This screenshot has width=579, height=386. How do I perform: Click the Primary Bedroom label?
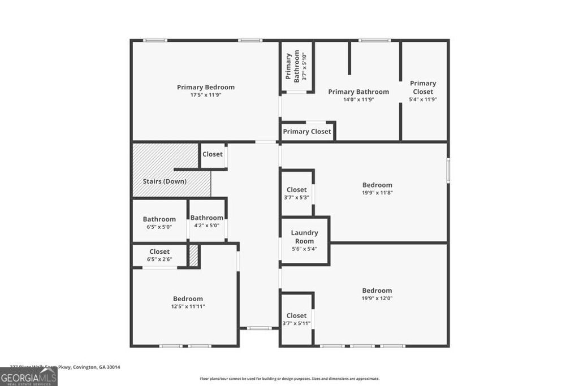[205, 87]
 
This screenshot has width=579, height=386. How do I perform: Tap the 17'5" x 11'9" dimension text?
[205, 95]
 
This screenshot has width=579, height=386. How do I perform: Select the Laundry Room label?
[304, 237]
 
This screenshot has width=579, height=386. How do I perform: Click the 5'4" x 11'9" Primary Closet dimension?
[423, 99]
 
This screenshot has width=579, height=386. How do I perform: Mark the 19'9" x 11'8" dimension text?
[377, 193]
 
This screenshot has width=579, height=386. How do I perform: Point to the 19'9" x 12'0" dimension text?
[377, 298]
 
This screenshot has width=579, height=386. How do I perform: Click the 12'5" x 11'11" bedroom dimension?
[188, 306]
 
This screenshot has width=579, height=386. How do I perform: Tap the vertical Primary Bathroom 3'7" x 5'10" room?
[296, 66]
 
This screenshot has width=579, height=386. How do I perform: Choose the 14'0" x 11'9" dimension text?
[358, 99]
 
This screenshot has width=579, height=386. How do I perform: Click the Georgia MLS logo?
[28, 377]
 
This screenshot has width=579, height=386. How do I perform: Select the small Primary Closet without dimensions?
[307, 132]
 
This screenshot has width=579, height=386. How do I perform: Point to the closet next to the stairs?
[213, 154]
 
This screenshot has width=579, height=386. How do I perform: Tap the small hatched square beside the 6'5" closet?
[193, 255]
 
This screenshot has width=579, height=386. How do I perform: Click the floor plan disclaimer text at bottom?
[289, 379]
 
